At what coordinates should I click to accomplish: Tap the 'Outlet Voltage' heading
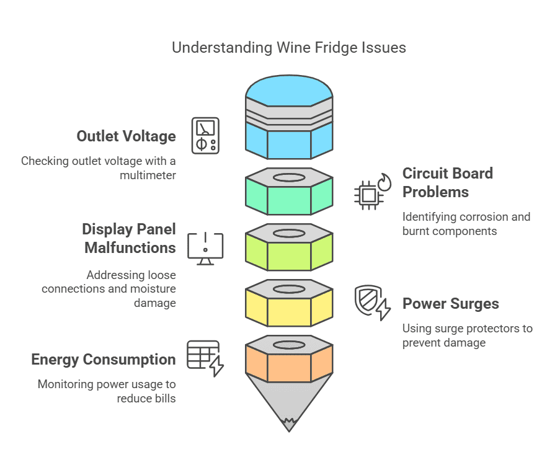click(126, 136)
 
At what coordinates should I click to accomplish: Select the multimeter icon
click(205, 135)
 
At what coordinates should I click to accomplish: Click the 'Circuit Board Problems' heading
click(447, 182)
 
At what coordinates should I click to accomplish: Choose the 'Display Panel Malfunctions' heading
click(129, 238)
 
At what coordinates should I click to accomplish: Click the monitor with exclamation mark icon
click(205, 248)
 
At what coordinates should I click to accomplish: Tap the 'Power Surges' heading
click(450, 304)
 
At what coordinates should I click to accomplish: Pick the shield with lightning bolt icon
click(372, 303)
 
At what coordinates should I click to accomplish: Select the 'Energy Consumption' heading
click(104, 360)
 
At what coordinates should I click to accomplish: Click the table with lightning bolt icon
click(205, 358)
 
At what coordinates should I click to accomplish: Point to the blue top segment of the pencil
click(289, 118)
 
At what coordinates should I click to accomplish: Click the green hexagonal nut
click(289, 191)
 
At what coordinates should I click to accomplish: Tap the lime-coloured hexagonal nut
click(289, 247)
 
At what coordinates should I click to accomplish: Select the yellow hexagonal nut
click(289, 303)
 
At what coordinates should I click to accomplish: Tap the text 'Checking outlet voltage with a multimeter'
click(98, 168)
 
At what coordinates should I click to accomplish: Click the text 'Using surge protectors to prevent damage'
click(467, 335)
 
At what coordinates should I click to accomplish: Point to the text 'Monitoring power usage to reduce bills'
click(107, 391)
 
